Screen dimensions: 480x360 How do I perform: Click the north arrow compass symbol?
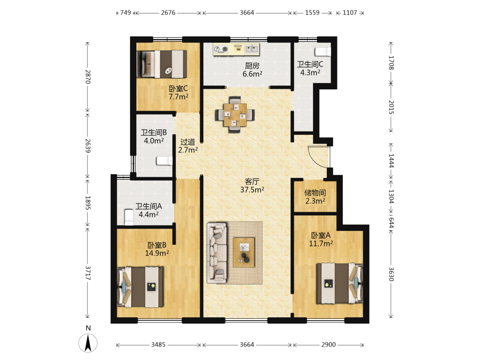[x=88, y=343]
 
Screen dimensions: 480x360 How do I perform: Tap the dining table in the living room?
[x=235, y=115]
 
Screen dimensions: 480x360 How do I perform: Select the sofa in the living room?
[x=217, y=253]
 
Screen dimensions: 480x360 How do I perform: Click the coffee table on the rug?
[x=244, y=252]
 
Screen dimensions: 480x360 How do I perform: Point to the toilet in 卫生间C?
[x=323, y=51]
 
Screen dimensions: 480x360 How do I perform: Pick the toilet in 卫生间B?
[x=164, y=160]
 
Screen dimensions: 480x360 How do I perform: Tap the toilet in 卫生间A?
[x=129, y=217]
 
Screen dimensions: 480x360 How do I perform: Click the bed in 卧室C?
[x=162, y=64]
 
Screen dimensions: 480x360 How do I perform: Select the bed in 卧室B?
[x=141, y=287]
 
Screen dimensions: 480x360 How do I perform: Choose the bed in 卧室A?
[x=339, y=283]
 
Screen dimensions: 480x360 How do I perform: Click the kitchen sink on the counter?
[x=252, y=48]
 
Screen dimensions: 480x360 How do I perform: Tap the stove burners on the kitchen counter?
[x=221, y=49]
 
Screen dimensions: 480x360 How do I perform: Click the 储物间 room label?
[x=315, y=193]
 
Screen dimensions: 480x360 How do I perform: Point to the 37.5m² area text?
[x=252, y=190]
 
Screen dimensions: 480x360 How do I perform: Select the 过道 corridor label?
[x=188, y=142]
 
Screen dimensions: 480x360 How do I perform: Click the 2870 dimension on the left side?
[x=88, y=77]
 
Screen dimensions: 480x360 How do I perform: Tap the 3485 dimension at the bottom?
[x=158, y=345]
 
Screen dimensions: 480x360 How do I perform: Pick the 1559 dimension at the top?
[x=312, y=12]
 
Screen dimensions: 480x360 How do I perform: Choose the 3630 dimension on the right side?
[x=391, y=274]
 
